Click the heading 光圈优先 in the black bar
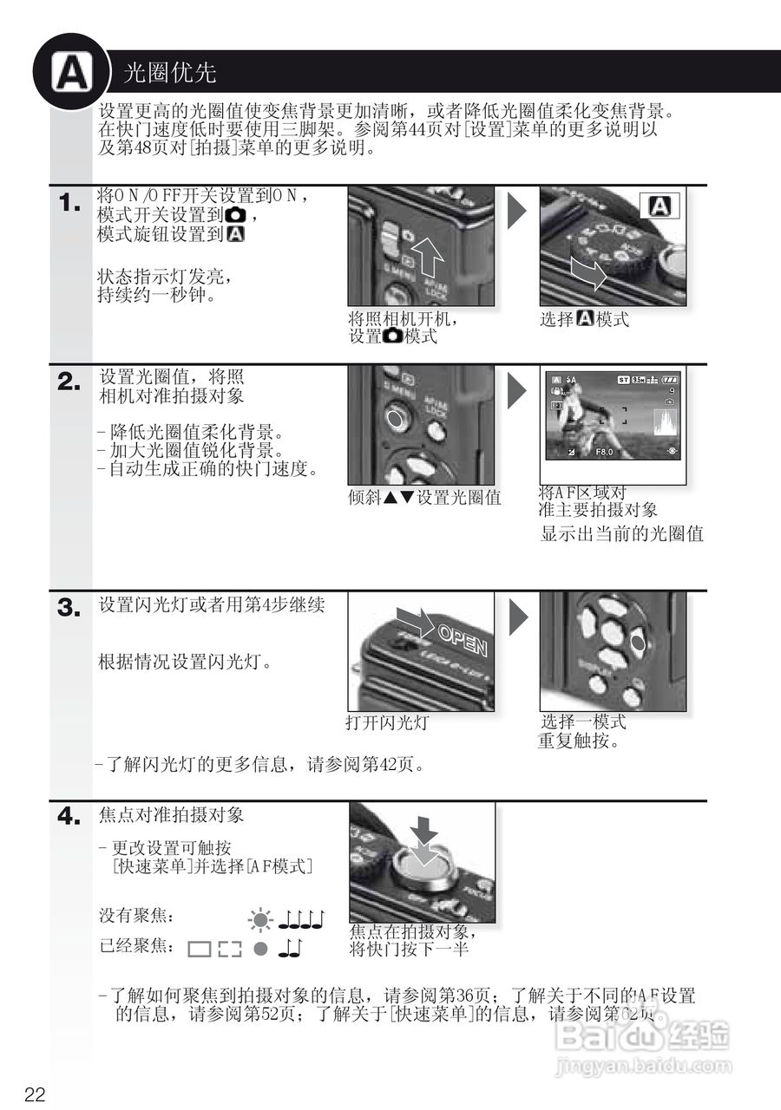tap(170, 72)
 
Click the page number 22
tap(35, 1094)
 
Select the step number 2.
tap(69, 382)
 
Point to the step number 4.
tap(69, 817)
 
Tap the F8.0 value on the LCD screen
tap(604, 452)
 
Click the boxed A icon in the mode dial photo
tap(660, 206)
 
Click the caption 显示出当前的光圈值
tap(621, 534)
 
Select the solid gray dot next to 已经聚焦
tap(259, 949)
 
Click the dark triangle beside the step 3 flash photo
tap(517, 617)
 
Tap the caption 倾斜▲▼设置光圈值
tap(424, 498)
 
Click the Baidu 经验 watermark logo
tap(642, 1036)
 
